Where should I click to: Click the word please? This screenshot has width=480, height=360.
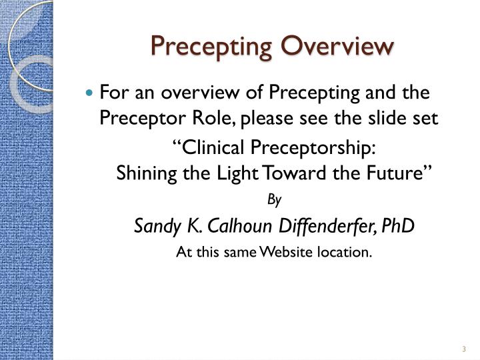pos(241,119)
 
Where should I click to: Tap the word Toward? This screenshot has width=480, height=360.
pos(292,173)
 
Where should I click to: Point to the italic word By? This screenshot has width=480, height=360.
pos(274,199)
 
